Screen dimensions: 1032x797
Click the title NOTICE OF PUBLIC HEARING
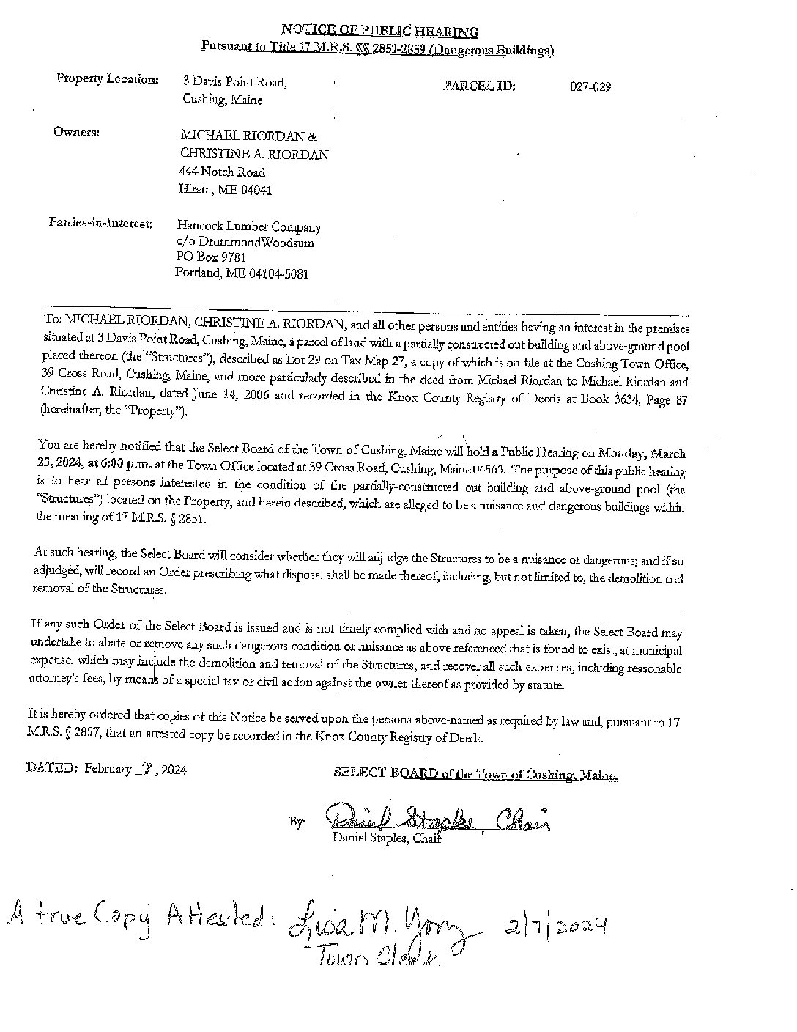[x=379, y=32]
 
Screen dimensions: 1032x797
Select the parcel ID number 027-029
[x=590, y=87]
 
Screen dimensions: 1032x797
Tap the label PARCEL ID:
[x=479, y=86]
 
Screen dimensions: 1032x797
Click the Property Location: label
[x=107, y=79]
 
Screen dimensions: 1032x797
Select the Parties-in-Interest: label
[x=100, y=222]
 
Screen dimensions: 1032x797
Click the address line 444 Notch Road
[x=222, y=172]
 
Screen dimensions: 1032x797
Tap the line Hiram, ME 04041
[x=226, y=190]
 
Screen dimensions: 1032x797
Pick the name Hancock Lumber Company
[x=249, y=227]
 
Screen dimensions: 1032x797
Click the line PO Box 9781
[x=211, y=257]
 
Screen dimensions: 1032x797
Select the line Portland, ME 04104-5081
[x=242, y=273]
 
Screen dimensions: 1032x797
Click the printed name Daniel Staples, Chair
[x=386, y=838]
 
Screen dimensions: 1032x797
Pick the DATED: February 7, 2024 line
[x=107, y=769]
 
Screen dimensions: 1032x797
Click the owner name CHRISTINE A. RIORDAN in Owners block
[x=254, y=155]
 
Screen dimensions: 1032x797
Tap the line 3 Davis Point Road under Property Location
[x=234, y=82]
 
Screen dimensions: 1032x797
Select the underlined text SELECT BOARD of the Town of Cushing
[x=475, y=773]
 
